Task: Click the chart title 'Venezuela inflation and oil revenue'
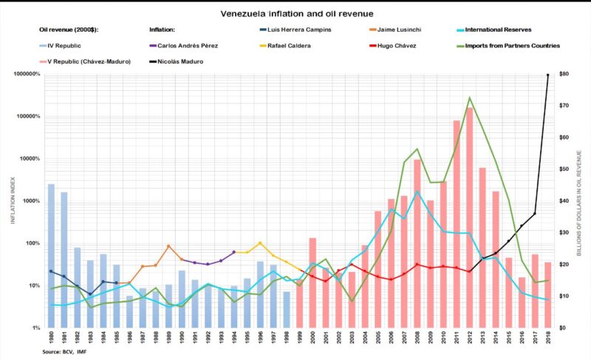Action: pyautogui.click(x=295, y=14)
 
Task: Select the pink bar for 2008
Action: pyautogui.click(x=417, y=244)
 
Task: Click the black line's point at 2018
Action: pyautogui.click(x=547, y=75)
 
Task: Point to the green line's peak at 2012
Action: pyautogui.click(x=471, y=98)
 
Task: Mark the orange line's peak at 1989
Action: pyautogui.click(x=169, y=246)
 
